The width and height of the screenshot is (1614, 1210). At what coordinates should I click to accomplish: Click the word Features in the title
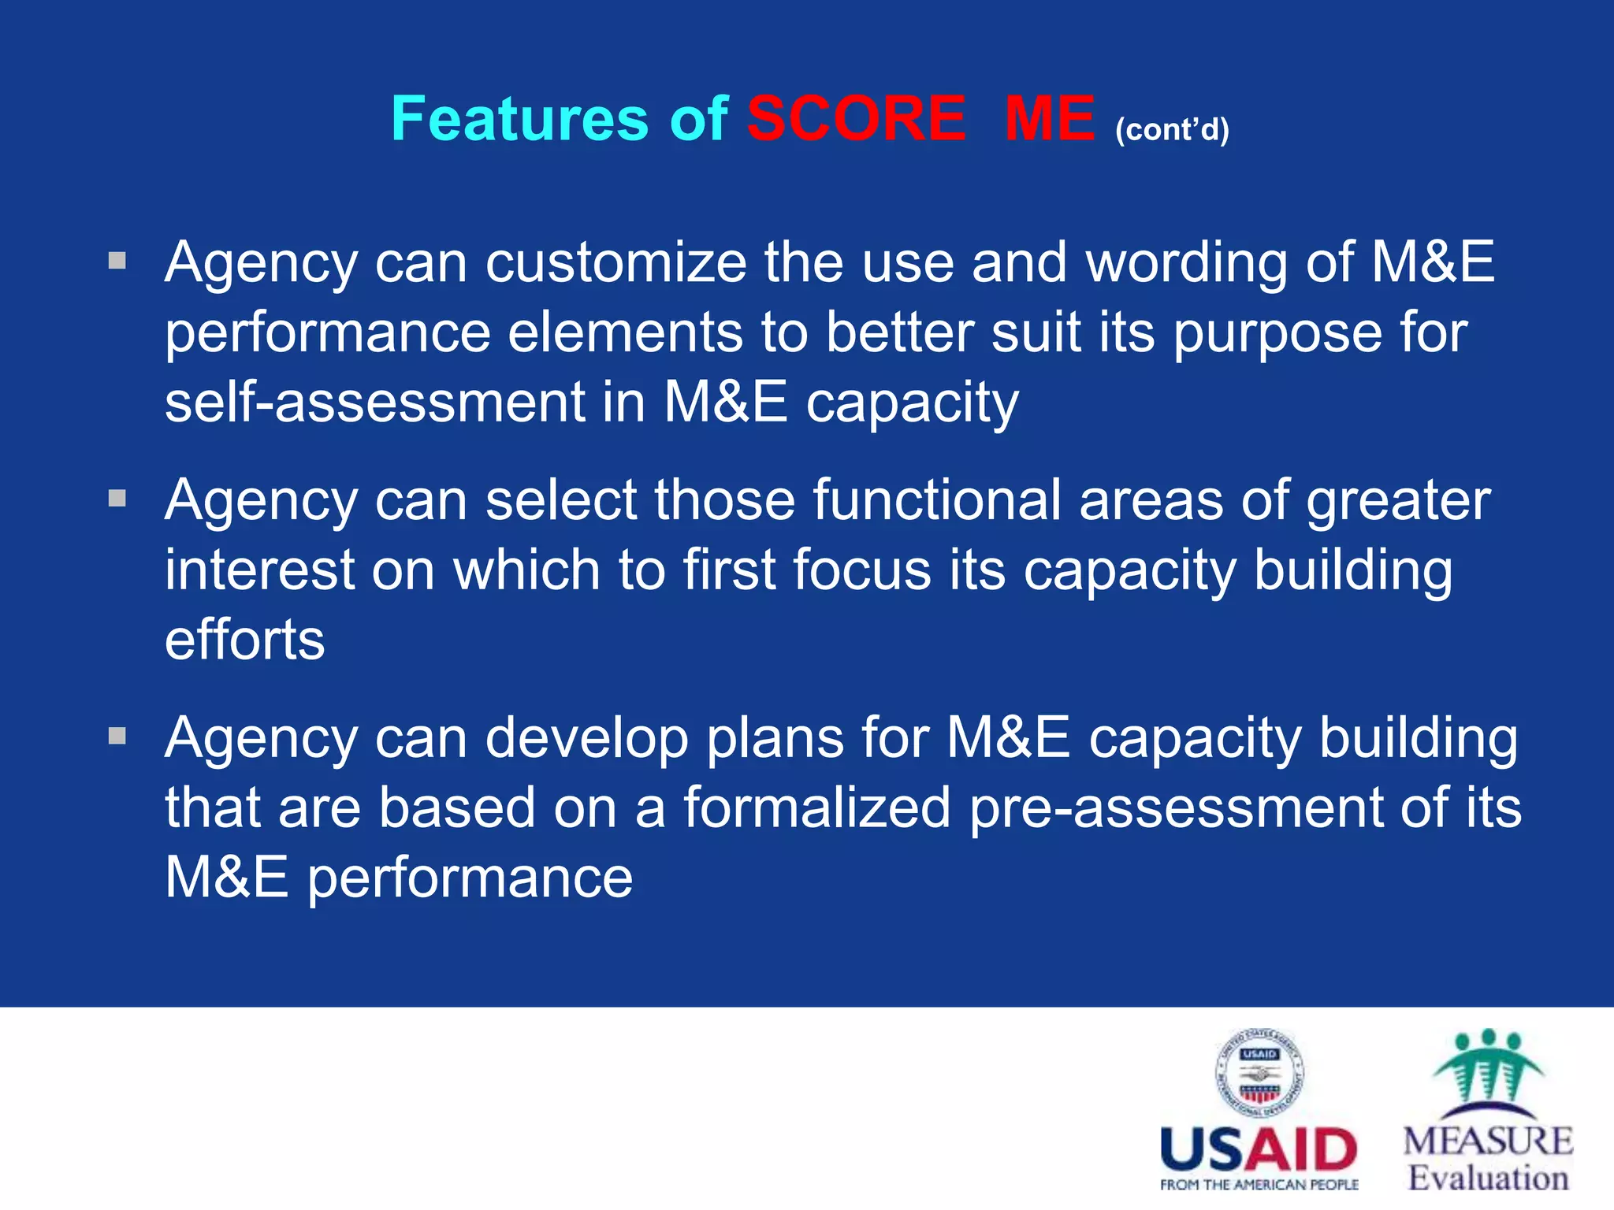tap(519, 119)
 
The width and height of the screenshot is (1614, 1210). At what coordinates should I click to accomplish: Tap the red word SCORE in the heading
tap(857, 119)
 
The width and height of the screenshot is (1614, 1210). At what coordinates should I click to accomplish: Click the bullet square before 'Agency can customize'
tap(117, 261)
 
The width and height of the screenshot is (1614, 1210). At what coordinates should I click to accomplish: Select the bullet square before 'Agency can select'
tap(117, 499)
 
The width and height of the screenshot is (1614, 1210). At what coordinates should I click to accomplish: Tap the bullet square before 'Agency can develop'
tap(117, 737)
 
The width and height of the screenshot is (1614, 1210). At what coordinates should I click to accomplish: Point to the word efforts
tap(244, 640)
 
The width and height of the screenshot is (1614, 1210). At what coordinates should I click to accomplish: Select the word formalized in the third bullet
tap(816, 808)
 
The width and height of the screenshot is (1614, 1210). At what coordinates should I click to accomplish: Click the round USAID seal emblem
tap(1259, 1074)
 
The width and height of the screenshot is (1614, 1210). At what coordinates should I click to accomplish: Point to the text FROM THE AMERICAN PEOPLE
tap(1259, 1185)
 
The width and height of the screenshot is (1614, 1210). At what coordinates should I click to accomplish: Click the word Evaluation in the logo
tap(1488, 1178)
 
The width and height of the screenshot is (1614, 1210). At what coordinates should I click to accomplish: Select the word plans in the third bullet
tap(774, 739)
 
